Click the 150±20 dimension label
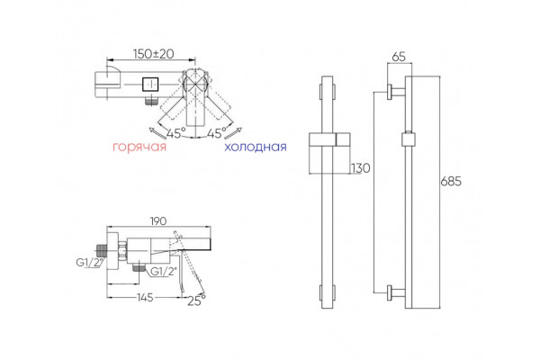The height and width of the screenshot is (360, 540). pyautogui.click(x=154, y=54)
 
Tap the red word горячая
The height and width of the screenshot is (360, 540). pyautogui.click(x=139, y=147)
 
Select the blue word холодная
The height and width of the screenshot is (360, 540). pyautogui.click(x=256, y=147)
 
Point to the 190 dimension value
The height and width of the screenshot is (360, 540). pyautogui.click(x=158, y=220)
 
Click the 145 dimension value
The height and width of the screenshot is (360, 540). pyautogui.click(x=145, y=298)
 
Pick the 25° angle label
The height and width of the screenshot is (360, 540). pyautogui.click(x=196, y=301)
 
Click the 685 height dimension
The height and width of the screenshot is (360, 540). pyautogui.click(x=451, y=181)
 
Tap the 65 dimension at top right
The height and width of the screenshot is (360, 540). pyautogui.click(x=399, y=57)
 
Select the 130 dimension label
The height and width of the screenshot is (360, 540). pyautogui.click(x=360, y=168)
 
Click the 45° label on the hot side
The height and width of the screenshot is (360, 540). pyautogui.click(x=176, y=133)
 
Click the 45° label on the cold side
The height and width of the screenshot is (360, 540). pyautogui.click(x=217, y=133)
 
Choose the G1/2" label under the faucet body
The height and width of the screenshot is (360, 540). pyautogui.click(x=164, y=272)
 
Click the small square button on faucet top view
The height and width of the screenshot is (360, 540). pyautogui.click(x=150, y=85)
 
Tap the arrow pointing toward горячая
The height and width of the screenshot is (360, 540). pyautogui.click(x=157, y=133)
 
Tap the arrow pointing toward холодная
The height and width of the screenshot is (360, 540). pyautogui.click(x=234, y=133)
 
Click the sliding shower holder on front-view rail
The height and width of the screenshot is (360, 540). pyautogui.click(x=329, y=140)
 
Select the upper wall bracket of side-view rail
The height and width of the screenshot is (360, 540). pyautogui.click(x=396, y=92)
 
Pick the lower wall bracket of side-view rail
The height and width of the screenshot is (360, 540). pyautogui.click(x=396, y=292)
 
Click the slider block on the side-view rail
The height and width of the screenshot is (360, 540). pyautogui.click(x=409, y=139)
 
